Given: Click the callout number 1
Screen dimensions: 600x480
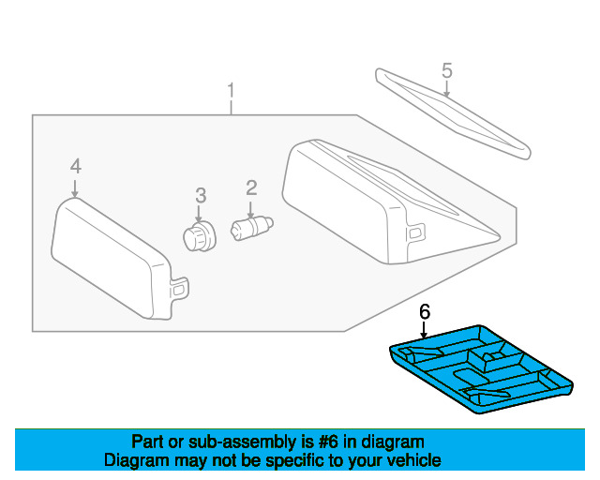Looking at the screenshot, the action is [x=231, y=91].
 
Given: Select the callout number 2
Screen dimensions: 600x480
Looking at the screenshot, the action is [x=251, y=188].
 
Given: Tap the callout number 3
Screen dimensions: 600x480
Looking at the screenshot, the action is [x=201, y=196].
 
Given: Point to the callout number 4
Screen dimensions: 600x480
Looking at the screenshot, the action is [x=76, y=167].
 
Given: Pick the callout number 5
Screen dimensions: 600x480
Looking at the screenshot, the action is [x=447, y=71].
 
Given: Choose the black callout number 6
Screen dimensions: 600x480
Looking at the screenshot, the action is [x=425, y=312].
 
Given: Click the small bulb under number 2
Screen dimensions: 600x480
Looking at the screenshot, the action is [x=252, y=229].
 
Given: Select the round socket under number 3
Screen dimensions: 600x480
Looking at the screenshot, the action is [x=200, y=237].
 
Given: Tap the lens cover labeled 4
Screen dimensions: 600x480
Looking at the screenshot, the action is [x=119, y=259].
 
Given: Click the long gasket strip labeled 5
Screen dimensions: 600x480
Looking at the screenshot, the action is [x=453, y=113].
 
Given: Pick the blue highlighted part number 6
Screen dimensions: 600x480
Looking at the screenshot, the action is [x=481, y=369].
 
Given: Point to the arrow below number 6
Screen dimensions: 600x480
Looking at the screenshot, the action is [x=424, y=330].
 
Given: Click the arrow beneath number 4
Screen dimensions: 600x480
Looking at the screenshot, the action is [x=75, y=188].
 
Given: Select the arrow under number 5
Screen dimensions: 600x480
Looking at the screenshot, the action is [x=446, y=89].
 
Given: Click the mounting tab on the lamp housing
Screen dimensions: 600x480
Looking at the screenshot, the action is [x=416, y=232].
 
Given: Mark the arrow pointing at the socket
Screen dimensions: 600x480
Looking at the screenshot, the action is [x=199, y=214].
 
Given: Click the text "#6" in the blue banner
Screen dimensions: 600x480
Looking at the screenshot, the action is [x=328, y=442].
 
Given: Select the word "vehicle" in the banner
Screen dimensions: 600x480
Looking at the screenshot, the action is [x=418, y=460].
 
